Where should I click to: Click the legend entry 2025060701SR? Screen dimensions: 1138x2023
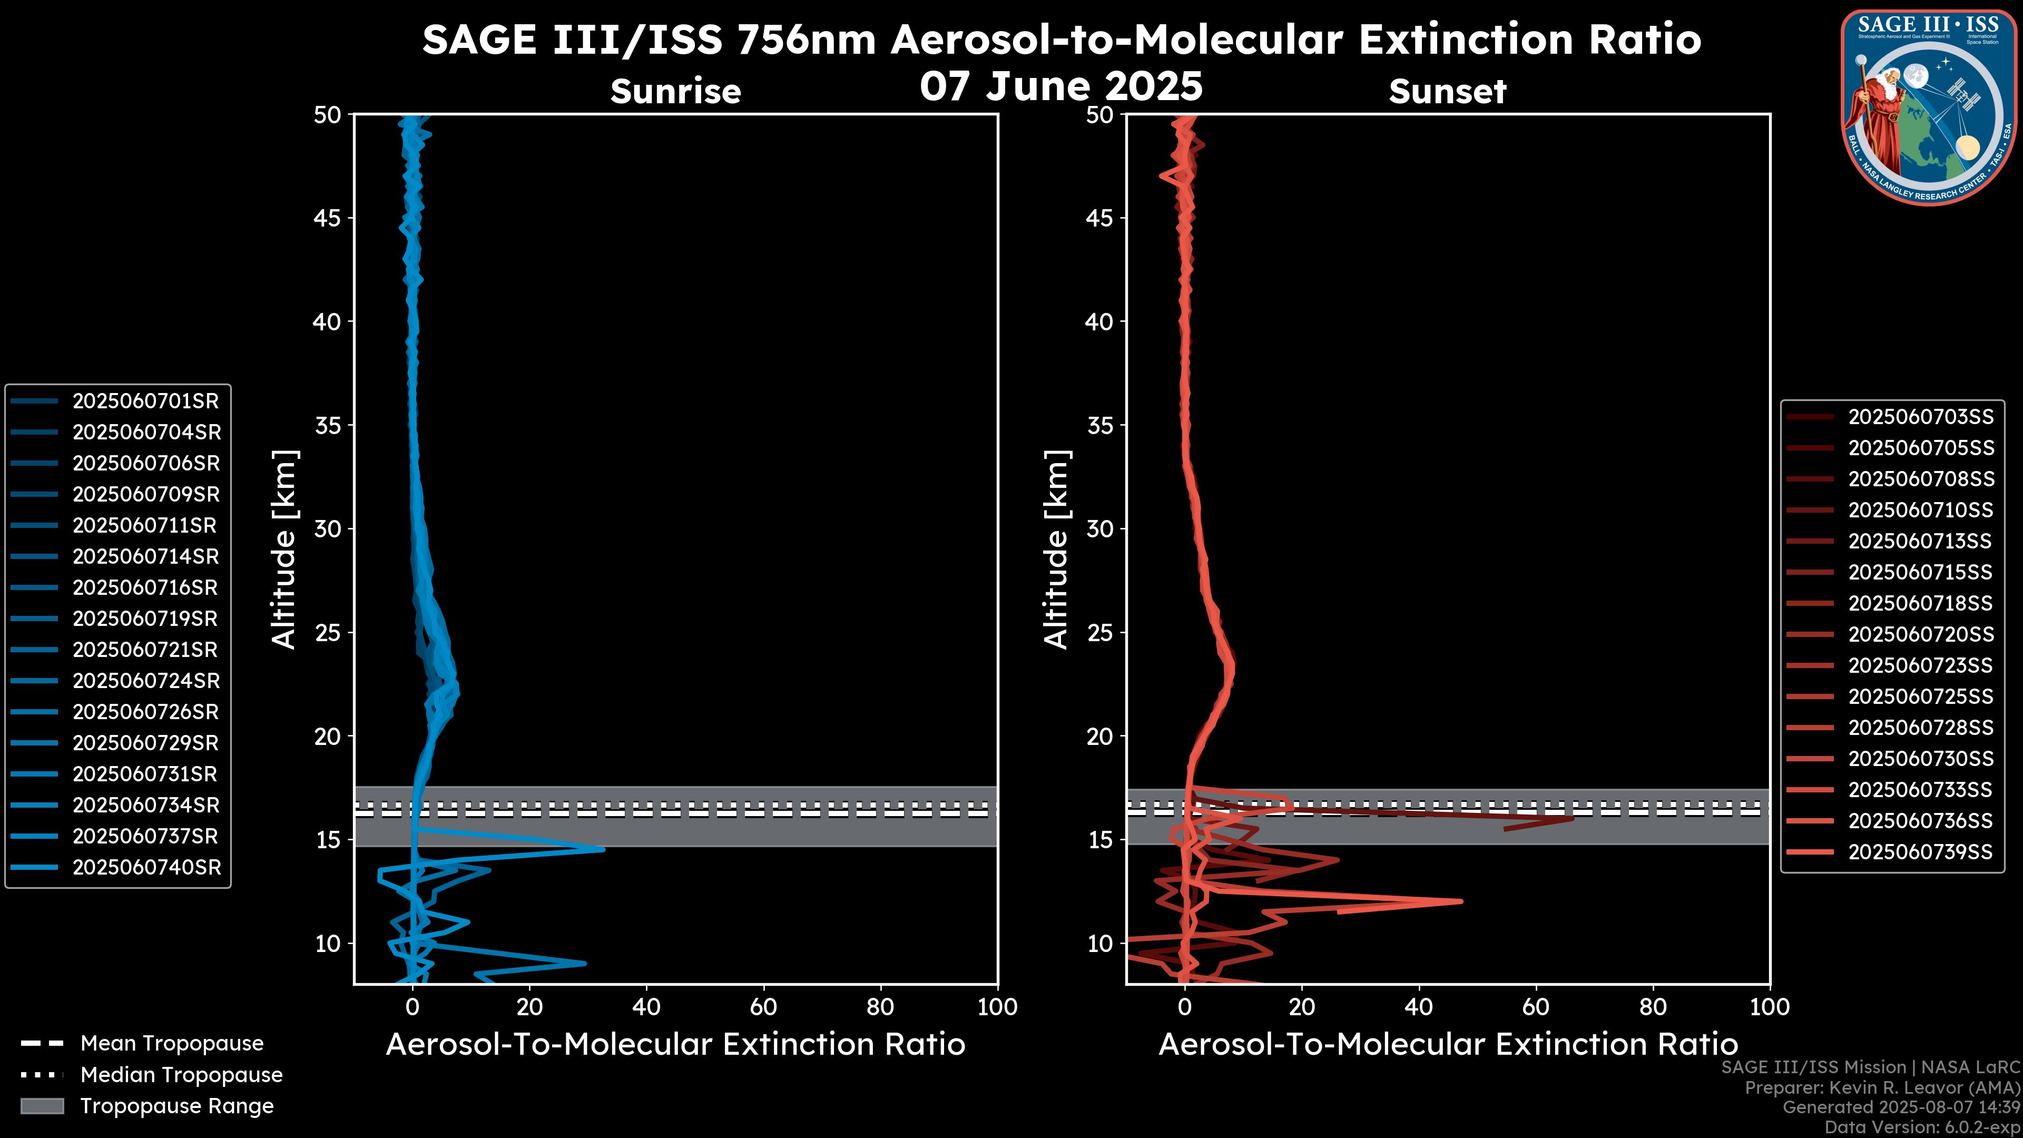pyautogui.click(x=145, y=401)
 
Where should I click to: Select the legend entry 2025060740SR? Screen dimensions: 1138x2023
pyautogui.click(x=147, y=868)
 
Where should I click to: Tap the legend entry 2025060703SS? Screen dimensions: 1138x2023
pyautogui.click(x=1920, y=417)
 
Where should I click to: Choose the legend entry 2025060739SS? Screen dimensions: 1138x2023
pyautogui.click(x=1920, y=852)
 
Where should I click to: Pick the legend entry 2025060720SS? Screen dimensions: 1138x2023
pyautogui.click(x=1920, y=634)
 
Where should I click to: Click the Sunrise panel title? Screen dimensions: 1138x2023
pyautogui.click(x=675, y=91)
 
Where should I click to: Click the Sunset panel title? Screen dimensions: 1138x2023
pyautogui.click(x=1447, y=91)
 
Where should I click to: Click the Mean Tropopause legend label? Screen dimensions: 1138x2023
pyautogui.click(x=172, y=1044)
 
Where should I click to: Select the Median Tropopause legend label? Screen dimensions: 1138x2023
pyautogui.click(x=181, y=1075)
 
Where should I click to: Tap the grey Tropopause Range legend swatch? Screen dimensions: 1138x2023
pyautogui.click(x=42, y=1106)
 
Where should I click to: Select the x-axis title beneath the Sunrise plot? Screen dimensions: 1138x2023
pyautogui.click(x=675, y=1045)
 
